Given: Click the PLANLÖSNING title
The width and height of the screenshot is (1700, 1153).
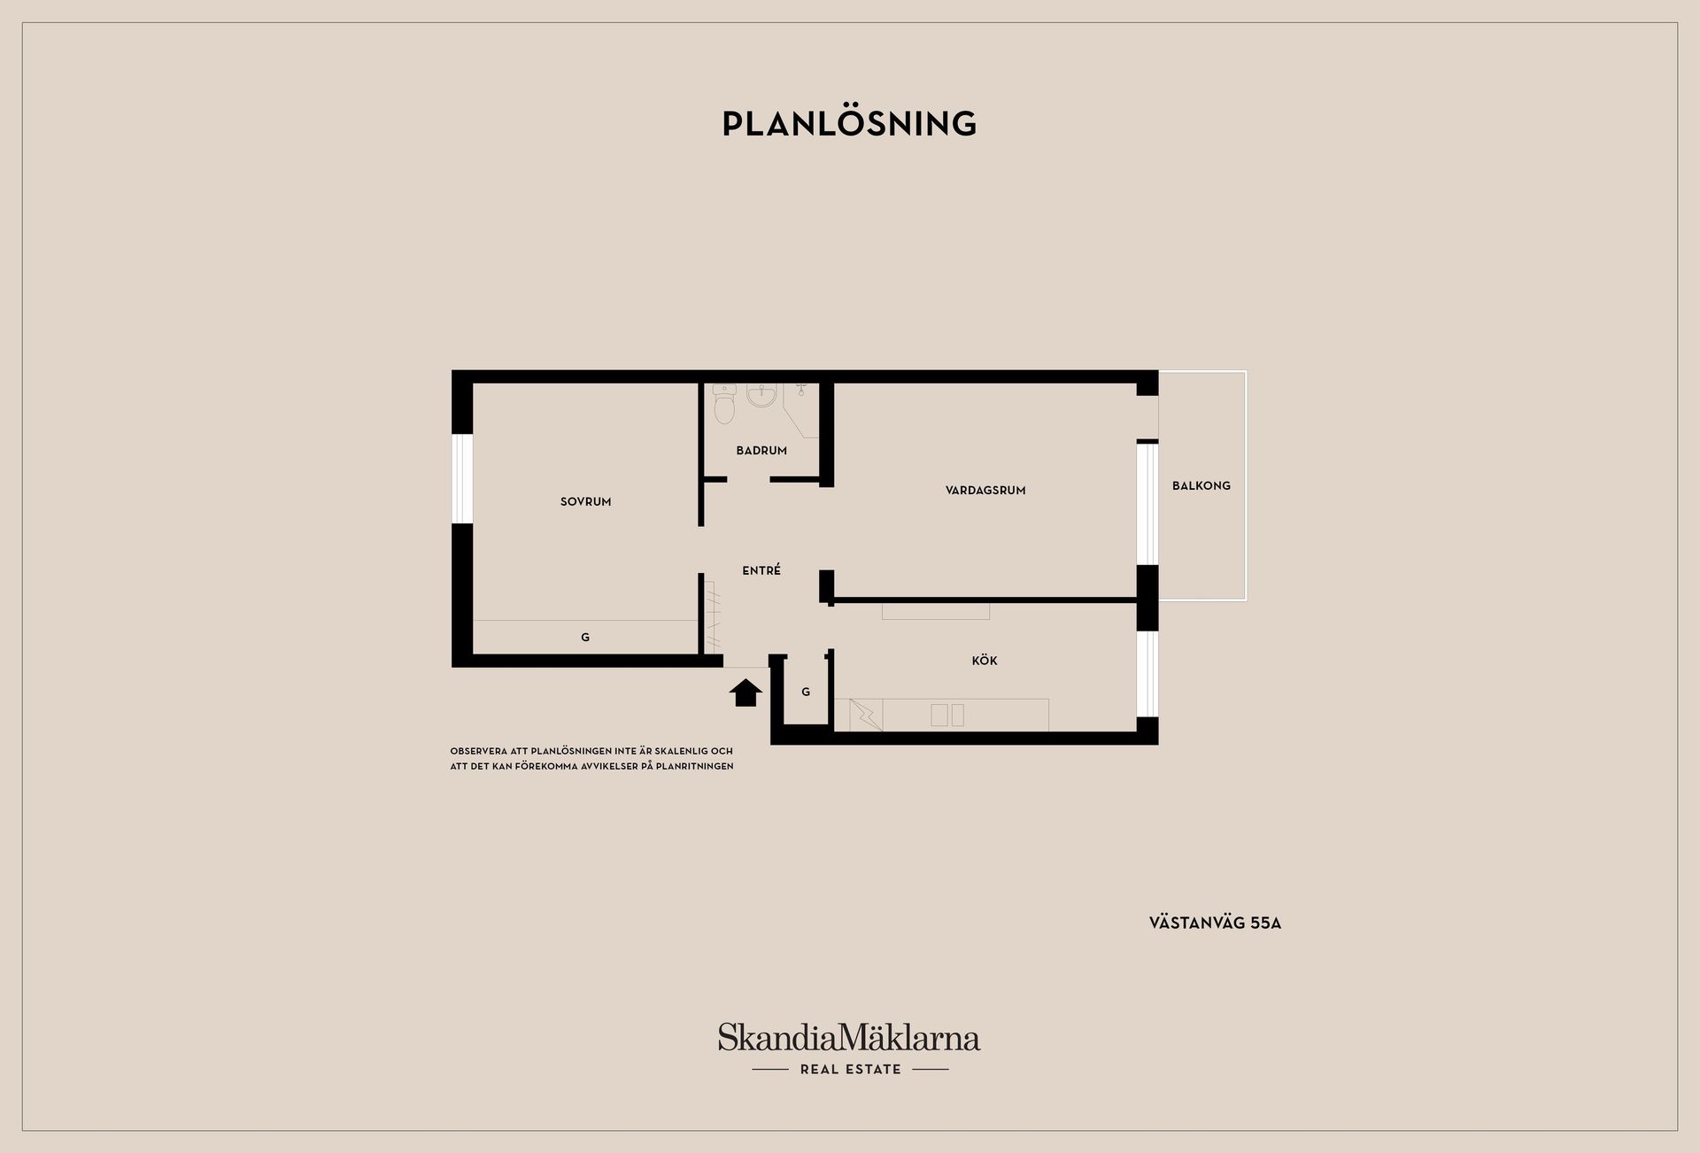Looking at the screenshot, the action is click(849, 124).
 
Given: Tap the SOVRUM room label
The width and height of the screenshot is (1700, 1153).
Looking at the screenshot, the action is click(585, 502).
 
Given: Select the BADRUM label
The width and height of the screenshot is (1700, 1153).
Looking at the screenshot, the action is click(761, 451).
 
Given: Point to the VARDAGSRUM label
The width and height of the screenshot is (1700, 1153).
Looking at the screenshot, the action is click(985, 491).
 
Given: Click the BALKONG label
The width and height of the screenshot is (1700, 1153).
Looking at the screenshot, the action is click(1202, 486).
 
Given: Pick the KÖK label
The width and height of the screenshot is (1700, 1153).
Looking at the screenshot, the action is click(985, 661).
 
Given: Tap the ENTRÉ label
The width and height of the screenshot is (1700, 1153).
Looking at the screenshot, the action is click(761, 571).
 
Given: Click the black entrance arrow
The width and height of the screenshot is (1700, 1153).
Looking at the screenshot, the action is click(746, 693).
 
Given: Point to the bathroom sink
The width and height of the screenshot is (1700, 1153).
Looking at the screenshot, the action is click(761, 395).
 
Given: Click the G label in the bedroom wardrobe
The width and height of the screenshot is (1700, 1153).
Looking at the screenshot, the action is click(585, 638).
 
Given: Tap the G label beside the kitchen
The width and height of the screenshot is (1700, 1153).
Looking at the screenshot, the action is click(806, 693).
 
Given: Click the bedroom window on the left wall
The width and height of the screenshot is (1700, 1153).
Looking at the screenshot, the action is click(462, 479).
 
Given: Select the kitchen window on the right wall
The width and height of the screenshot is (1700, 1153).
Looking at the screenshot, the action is click(1147, 674).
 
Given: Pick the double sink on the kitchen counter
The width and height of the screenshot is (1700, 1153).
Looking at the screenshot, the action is click(947, 716).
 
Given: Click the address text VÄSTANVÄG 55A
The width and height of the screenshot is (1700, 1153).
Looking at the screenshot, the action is click(1215, 923).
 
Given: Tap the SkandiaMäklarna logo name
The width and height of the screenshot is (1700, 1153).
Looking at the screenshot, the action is click(849, 1037).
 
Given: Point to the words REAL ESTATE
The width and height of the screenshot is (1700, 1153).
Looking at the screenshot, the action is click(851, 1070).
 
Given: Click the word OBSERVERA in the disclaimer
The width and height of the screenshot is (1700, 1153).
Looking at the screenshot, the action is click(478, 752).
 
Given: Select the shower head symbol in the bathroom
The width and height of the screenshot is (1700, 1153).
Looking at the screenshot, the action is click(801, 388).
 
